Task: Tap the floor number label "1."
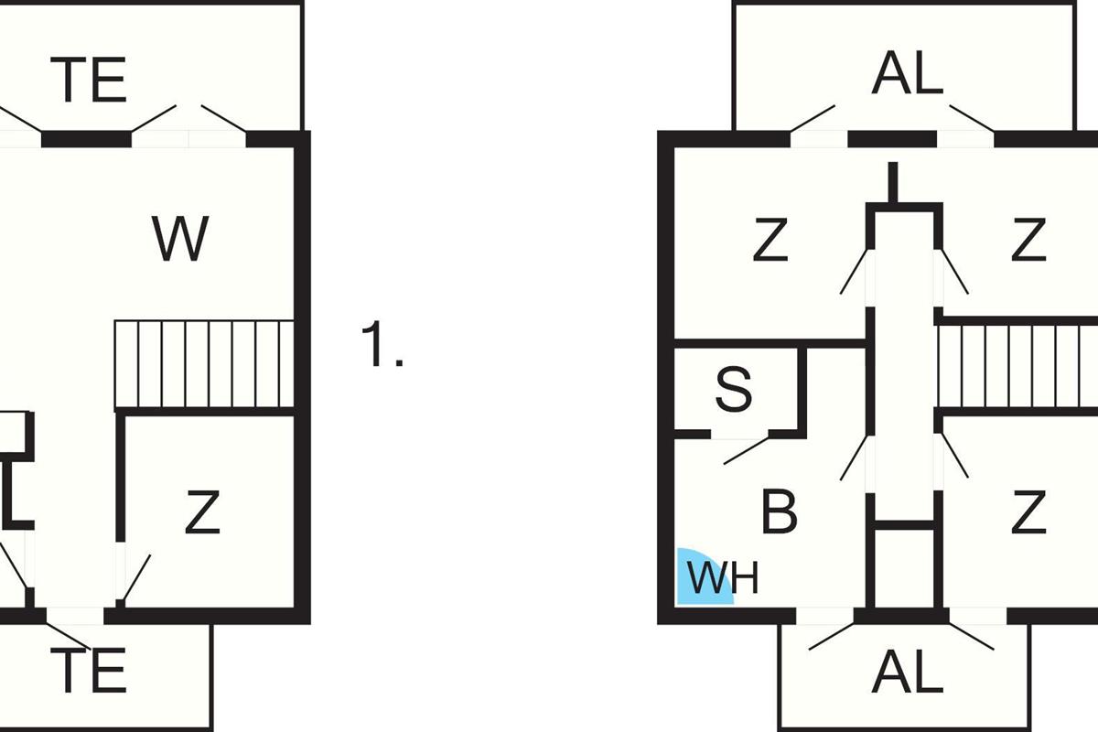coord(382,346)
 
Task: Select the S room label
coord(733,390)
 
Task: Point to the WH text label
coord(723,579)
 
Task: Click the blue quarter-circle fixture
coord(701,577)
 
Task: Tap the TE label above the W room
coord(91,80)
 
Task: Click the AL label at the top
coord(907,74)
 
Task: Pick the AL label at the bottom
coord(907,674)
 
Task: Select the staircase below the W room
coord(203,364)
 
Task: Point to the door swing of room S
coord(746,450)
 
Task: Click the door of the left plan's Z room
coord(136,578)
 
